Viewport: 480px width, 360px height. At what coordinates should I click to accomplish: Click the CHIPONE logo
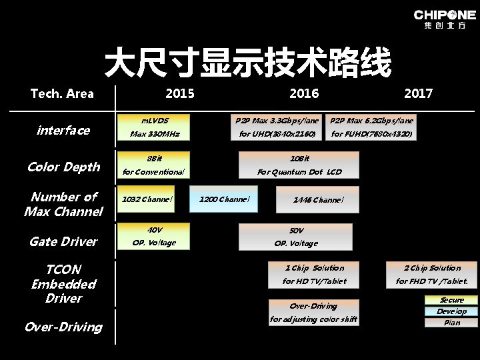(445, 19)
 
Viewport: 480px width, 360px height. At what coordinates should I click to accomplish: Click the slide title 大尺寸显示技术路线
(247, 64)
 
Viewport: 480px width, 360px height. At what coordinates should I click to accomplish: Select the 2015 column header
(180, 93)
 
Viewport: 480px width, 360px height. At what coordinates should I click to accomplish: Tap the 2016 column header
(304, 93)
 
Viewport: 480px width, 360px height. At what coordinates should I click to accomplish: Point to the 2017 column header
(418, 93)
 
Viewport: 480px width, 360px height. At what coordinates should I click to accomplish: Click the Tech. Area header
(62, 93)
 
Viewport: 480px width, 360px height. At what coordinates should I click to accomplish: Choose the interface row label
(63, 130)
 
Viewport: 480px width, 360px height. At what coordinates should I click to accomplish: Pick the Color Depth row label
(63, 167)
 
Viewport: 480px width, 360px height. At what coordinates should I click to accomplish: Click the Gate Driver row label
(63, 241)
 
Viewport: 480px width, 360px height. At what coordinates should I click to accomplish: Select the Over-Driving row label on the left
(63, 327)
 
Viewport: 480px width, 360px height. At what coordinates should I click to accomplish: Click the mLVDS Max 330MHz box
(155, 127)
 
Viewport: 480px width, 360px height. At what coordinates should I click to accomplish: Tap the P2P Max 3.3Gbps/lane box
(277, 127)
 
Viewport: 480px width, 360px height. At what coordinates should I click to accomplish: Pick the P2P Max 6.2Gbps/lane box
(371, 127)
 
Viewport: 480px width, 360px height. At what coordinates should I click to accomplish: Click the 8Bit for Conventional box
(153, 165)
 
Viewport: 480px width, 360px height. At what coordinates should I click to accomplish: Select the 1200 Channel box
(224, 199)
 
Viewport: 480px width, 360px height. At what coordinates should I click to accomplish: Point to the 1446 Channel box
(318, 199)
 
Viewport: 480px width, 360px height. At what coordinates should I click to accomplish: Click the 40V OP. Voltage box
(154, 236)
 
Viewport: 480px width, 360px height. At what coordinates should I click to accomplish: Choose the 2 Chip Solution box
(432, 274)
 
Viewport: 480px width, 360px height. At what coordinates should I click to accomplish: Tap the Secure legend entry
(451, 300)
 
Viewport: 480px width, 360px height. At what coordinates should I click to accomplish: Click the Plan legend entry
(451, 323)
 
